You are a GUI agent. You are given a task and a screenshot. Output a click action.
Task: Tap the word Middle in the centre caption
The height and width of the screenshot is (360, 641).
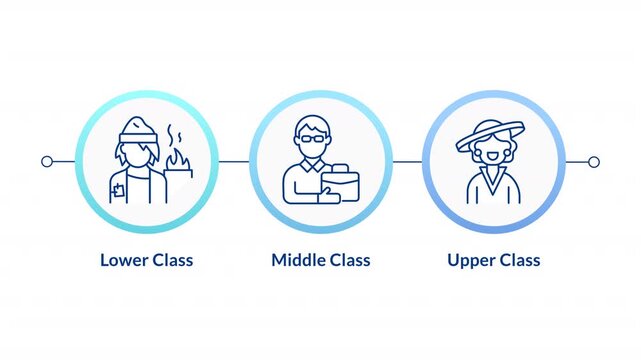(297, 260)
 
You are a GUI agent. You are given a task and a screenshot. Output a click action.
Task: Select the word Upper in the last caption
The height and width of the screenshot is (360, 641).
(471, 260)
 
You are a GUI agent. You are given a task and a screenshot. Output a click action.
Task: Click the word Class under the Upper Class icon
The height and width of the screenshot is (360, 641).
(520, 260)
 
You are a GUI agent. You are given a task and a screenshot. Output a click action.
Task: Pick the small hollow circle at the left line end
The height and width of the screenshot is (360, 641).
(46, 161)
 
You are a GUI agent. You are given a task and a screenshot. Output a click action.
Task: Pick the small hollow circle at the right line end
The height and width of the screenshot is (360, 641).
(594, 161)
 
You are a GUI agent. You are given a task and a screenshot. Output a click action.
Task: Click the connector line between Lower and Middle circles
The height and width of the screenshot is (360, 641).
(233, 161)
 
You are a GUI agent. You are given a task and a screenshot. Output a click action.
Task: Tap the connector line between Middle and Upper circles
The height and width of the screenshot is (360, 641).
(407, 161)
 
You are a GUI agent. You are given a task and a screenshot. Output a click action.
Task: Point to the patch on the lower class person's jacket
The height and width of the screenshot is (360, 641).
(120, 185)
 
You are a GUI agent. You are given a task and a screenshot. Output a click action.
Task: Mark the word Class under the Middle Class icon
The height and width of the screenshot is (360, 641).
(346, 260)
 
